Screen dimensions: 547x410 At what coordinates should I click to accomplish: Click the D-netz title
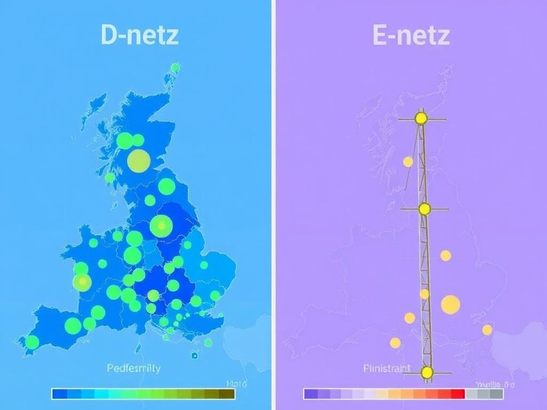(x=139, y=35)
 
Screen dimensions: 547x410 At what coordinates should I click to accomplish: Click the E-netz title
(x=411, y=35)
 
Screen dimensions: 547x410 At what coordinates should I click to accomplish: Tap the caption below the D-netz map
(x=134, y=368)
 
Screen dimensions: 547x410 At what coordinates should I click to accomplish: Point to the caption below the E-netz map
(x=387, y=368)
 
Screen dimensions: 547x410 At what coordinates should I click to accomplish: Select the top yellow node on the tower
(x=421, y=118)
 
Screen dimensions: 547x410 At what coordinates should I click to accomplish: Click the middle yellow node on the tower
(x=425, y=209)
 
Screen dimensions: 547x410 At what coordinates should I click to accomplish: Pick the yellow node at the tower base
(x=427, y=373)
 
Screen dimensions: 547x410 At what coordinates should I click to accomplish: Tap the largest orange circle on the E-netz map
(x=450, y=304)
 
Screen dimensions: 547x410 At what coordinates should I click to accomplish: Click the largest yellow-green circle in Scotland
(x=138, y=160)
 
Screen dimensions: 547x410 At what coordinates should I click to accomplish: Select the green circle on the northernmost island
(x=175, y=67)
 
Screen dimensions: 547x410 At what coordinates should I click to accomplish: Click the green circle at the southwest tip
(x=32, y=342)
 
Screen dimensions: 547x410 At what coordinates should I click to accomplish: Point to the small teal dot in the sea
(x=194, y=355)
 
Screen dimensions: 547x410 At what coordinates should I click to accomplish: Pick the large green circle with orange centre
(x=161, y=226)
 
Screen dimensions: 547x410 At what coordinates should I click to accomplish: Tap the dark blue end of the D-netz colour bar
(x=58, y=394)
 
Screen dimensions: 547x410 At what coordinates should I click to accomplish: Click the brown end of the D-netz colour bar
(x=229, y=394)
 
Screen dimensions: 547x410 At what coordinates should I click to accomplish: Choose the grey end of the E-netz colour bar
(x=497, y=394)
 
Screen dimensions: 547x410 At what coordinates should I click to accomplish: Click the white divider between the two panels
(x=273, y=205)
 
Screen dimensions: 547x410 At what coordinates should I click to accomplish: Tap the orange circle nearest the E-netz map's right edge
(x=487, y=330)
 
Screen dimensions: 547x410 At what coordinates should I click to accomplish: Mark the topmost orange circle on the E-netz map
(x=408, y=161)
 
